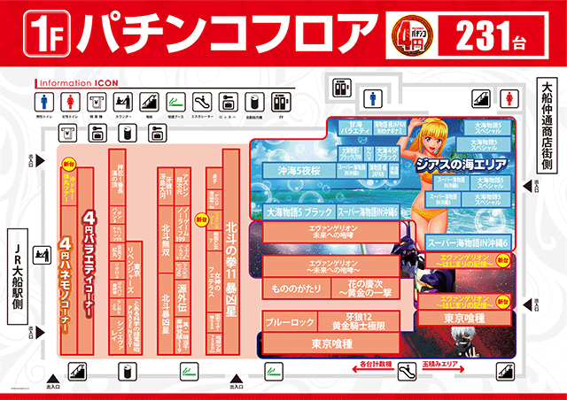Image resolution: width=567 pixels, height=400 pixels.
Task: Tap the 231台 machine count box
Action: [x=495, y=36]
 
